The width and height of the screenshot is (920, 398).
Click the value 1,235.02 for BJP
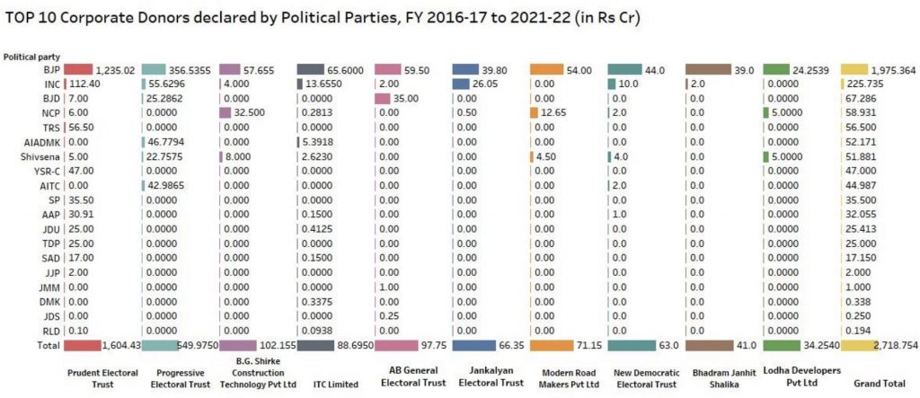[116, 70]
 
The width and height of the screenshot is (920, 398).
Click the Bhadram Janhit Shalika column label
[720, 377]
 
